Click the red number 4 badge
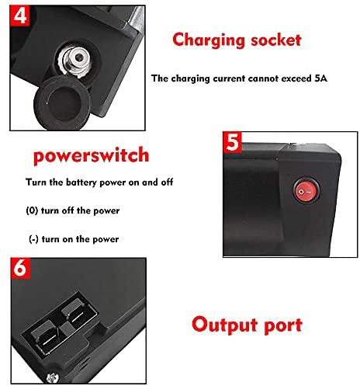click(19, 15)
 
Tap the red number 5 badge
click(232, 142)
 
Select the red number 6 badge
click(20, 268)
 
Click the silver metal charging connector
click(75, 61)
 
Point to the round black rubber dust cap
click(62, 103)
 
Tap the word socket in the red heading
click(276, 40)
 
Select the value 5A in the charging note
click(321, 78)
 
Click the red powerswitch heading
click(92, 155)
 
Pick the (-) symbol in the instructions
click(33, 239)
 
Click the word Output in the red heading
click(224, 325)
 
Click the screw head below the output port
click(53, 378)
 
